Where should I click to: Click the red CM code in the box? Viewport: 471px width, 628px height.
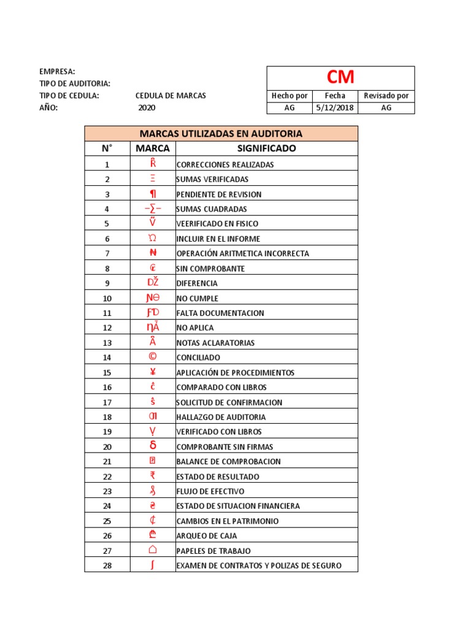point(340,77)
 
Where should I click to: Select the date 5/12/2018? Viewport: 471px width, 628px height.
point(335,107)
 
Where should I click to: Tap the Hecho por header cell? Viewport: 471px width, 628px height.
point(289,96)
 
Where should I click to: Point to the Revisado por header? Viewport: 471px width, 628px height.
point(386,96)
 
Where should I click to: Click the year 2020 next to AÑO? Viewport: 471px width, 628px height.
point(147,107)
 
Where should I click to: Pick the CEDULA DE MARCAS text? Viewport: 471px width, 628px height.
point(170,96)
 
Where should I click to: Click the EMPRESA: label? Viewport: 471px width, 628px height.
point(57,72)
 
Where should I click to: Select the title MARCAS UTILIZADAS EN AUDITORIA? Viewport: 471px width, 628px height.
point(221,134)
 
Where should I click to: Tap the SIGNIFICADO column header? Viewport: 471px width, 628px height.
point(266,148)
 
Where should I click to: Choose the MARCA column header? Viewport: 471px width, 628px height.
point(153,148)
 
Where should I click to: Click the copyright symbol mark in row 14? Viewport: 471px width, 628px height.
point(153,357)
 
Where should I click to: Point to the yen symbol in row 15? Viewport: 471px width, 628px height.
point(153,372)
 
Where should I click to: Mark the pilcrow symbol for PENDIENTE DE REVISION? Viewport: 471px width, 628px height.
point(153,194)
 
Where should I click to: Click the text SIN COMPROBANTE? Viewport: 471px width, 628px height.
point(210,269)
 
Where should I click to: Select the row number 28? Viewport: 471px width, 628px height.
point(107,565)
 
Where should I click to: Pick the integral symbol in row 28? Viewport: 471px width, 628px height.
point(152,565)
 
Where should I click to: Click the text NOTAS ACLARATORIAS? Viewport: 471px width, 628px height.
point(215,343)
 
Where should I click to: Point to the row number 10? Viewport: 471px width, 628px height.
point(107,298)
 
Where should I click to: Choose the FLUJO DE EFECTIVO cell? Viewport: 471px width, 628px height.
point(210,491)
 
